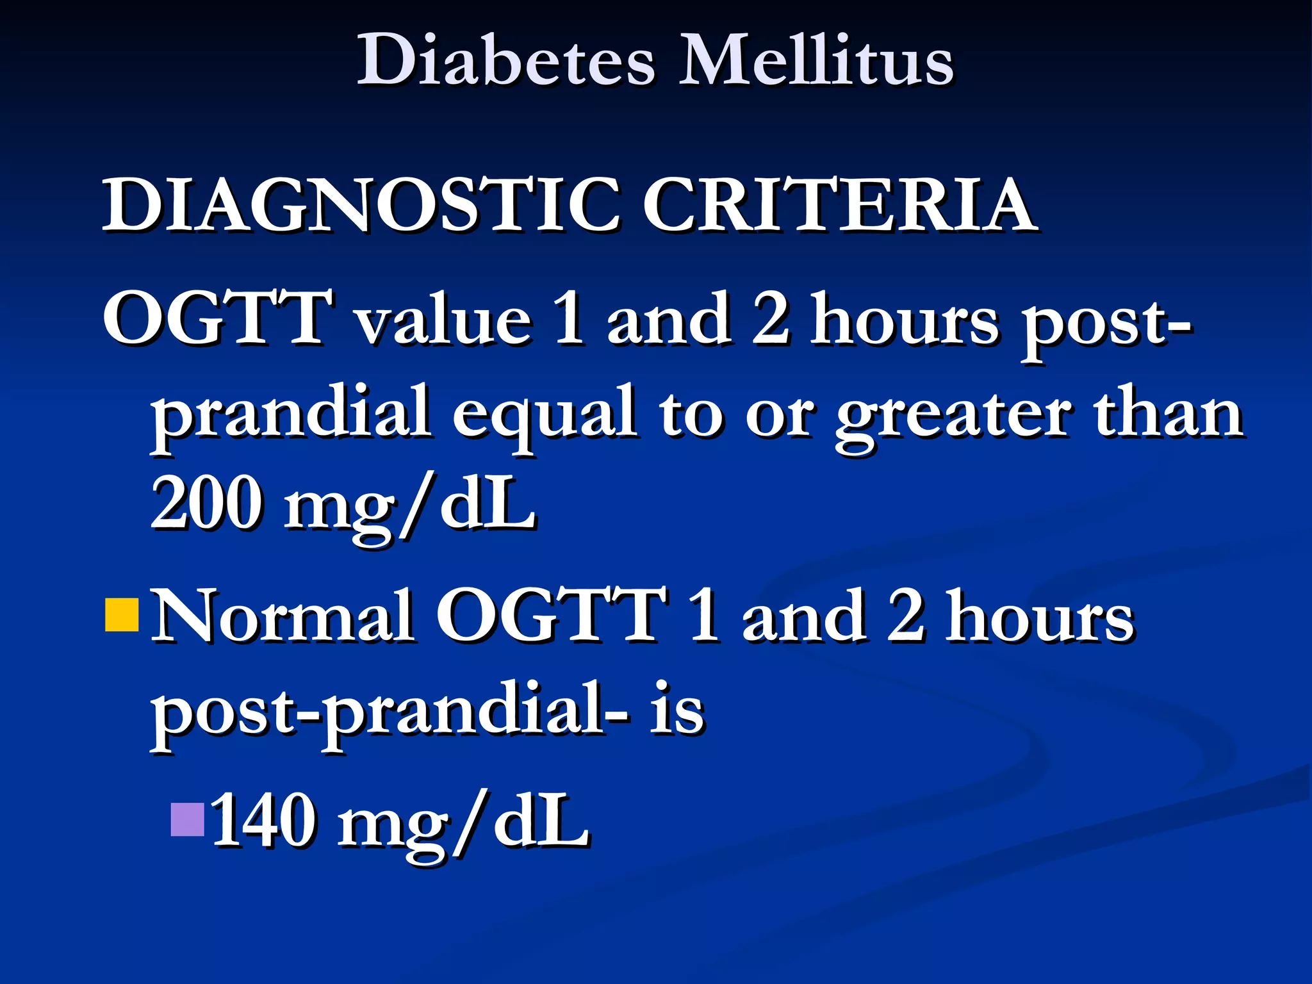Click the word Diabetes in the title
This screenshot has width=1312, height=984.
click(x=506, y=61)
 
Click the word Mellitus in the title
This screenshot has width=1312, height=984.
click(x=816, y=61)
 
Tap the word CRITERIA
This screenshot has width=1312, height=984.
click(x=839, y=205)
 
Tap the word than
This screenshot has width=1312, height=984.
click(x=1169, y=413)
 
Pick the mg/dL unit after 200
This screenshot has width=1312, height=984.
click(x=410, y=506)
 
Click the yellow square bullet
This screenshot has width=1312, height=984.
click(x=122, y=615)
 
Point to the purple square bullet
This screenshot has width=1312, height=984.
click(x=188, y=820)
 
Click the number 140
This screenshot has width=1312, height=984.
click(x=263, y=821)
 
